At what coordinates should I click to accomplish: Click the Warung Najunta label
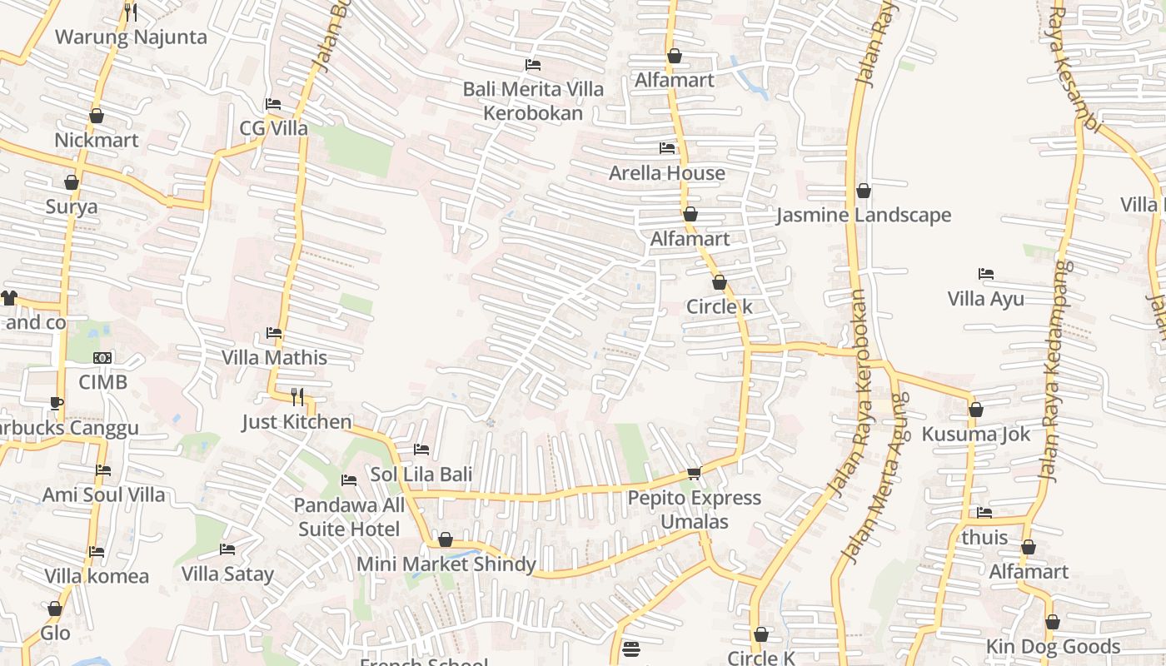pyautogui.click(x=131, y=37)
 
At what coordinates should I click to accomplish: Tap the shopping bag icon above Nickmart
pyautogui.click(x=97, y=116)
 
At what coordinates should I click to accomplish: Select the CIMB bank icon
pyautogui.click(x=103, y=358)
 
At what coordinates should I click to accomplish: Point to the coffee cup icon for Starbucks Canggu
pyautogui.click(x=56, y=404)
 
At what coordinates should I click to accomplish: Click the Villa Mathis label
pyautogui.click(x=274, y=358)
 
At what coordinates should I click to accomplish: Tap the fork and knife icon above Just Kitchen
pyautogui.click(x=297, y=396)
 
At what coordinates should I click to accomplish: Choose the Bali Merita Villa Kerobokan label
pyautogui.click(x=533, y=101)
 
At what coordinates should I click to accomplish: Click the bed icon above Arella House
pyautogui.click(x=667, y=148)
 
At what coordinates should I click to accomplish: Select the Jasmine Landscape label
pyautogui.click(x=864, y=216)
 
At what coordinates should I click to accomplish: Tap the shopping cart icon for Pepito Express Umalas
pyautogui.click(x=694, y=473)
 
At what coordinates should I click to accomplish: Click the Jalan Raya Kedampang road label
pyautogui.click(x=1055, y=370)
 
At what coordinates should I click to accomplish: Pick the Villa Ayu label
pyautogui.click(x=986, y=299)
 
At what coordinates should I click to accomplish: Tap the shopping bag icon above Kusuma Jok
pyautogui.click(x=976, y=410)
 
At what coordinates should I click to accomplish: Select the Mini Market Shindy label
pyautogui.click(x=446, y=564)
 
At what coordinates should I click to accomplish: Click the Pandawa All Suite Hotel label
pyautogui.click(x=349, y=517)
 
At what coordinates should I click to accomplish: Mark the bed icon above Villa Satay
pyautogui.click(x=227, y=549)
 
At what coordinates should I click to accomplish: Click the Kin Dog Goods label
pyautogui.click(x=1053, y=647)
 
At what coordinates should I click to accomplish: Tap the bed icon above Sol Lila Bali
pyautogui.click(x=421, y=450)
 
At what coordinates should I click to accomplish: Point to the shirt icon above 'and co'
pyautogui.click(x=9, y=297)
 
